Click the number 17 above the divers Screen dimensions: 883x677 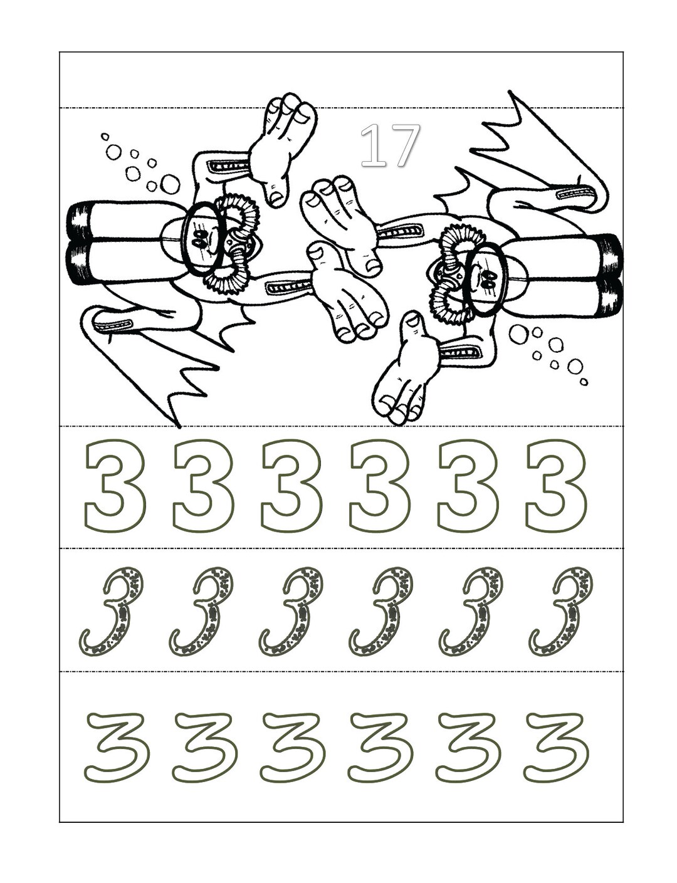[389, 145]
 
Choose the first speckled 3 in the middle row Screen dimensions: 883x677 [113, 611]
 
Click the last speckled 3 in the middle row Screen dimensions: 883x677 [562, 611]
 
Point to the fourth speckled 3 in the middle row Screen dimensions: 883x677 [382, 611]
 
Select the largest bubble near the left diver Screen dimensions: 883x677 [170, 184]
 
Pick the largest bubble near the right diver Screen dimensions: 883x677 [518, 334]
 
